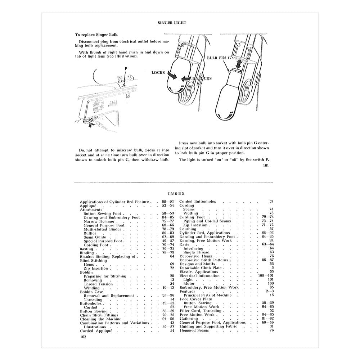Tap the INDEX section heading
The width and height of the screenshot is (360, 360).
176,194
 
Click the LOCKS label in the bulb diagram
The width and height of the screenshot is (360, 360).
158,73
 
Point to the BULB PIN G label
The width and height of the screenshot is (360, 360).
219,58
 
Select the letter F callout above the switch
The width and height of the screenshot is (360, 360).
126,68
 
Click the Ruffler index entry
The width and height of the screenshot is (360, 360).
90,233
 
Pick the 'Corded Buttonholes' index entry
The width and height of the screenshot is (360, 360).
198,202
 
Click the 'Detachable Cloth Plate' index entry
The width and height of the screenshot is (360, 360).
201,268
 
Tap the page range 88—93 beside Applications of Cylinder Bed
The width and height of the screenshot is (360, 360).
168,202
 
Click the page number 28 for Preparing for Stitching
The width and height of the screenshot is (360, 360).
172,276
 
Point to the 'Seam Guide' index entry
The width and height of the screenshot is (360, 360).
95,237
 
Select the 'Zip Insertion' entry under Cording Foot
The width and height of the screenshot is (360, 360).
195,225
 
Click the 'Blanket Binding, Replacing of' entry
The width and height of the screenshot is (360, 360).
107,257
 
